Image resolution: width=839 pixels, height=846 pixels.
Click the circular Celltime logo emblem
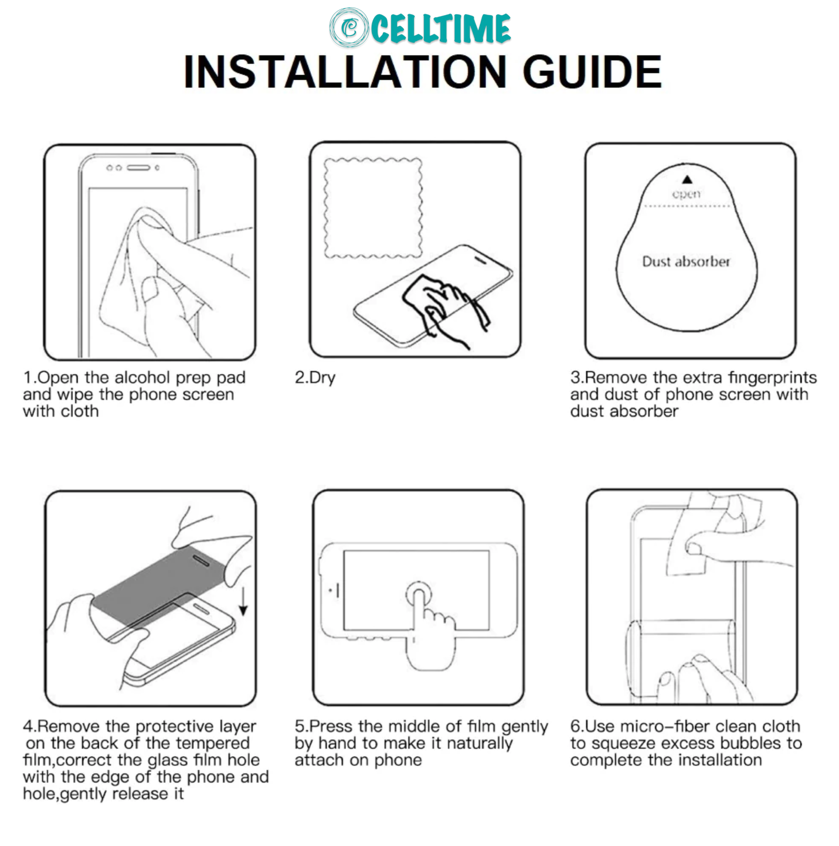click(x=349, y=28)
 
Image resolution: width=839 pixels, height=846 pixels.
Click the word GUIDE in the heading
click(x=592, y=71)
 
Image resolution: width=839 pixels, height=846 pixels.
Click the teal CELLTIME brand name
click(x=441, y=28)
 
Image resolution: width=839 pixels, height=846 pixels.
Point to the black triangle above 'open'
click(x=687, y=180)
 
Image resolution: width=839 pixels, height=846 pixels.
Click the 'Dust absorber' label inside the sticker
click(x=686, y=262)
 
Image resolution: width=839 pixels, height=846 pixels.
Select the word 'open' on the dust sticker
click(x=686, y=194)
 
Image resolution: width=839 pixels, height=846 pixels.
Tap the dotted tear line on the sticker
click(x=687, y=206)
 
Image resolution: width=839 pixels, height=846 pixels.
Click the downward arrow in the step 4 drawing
click(x=243, y=602)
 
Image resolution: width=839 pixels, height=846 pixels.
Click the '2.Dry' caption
click(x=315, y=378)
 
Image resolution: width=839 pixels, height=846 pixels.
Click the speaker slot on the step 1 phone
click(x=138, y=168)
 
